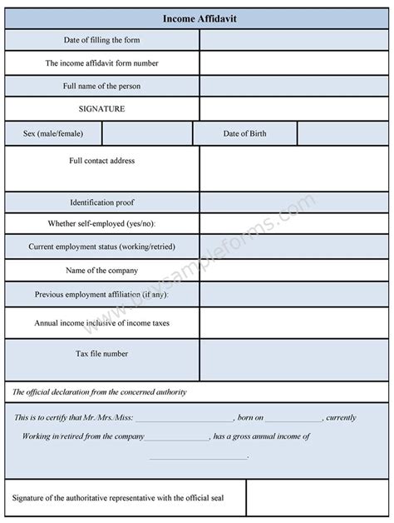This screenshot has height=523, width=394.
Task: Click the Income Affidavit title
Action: (x=196, y=17)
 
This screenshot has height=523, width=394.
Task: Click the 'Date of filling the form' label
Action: (x=102, y=40)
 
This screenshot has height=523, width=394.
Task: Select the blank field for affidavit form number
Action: (x=294, y=62)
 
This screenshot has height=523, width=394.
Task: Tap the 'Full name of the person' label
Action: (x=102, y=86)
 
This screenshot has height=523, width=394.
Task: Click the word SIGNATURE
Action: (x=101, y=108)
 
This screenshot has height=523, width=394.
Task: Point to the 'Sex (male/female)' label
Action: (x=52, y=133)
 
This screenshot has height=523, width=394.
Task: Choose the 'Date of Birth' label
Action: (x=245, y=133)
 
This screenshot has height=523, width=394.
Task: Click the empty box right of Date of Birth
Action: (x=342, y=133)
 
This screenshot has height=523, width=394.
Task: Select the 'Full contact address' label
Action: (x=101, y=161)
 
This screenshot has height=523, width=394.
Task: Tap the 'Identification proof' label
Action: (x=102, y=202)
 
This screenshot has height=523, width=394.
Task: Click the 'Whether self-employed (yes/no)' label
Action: (x=102, y=224)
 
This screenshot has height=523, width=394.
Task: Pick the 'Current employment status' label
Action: (x=101, y=247)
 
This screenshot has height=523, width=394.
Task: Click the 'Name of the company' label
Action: (x=101, y=270)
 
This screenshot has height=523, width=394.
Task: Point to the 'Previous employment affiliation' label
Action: (x=101, y=294)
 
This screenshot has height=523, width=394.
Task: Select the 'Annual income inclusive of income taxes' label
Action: (x=102, y=322)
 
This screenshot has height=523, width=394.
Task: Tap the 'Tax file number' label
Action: (x=102, y=353)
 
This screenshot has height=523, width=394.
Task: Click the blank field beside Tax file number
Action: (x=294, y=360)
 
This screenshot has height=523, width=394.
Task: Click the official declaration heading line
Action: (x=100, y=391)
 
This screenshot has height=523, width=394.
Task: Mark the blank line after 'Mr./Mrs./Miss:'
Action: (x=184, y=419)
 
